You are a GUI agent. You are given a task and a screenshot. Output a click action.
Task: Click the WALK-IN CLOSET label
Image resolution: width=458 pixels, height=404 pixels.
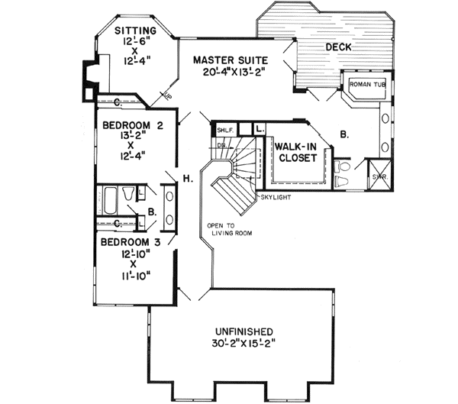tap(295, 152)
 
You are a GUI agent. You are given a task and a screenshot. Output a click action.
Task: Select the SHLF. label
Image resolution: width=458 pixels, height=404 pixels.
tap(225, 130)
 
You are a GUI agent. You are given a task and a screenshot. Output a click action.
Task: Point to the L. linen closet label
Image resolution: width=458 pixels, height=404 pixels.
tap(260, 129)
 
